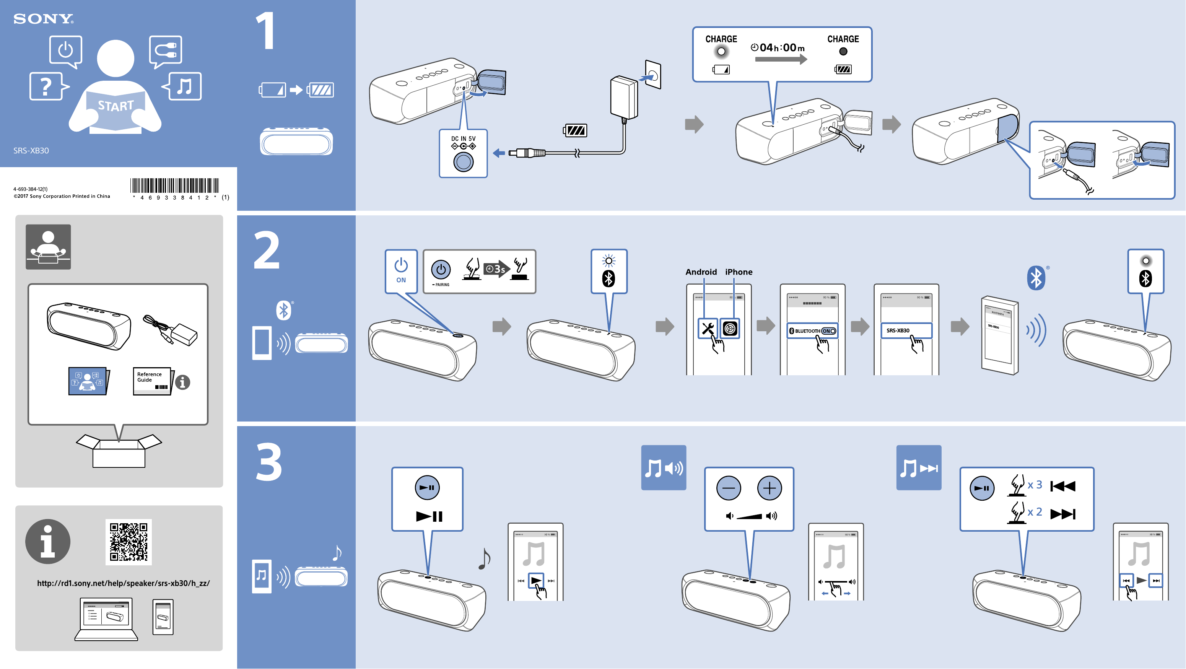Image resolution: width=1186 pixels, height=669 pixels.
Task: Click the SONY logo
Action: (43, 18)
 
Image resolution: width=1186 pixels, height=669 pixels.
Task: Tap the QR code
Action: (129, 542)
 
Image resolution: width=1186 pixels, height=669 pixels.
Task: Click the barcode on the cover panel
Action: (174, 186)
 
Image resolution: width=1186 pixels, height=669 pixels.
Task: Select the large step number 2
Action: (267, 251)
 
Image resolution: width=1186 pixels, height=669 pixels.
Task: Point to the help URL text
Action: (124, 583)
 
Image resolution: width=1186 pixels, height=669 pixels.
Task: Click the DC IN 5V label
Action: (463, 138)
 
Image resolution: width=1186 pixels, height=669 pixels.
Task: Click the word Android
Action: (701, 272)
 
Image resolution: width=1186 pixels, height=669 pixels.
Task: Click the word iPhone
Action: (739, 272)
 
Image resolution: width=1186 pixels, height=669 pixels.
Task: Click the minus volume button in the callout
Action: (728, 488)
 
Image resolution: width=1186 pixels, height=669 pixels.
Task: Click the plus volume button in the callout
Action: (770, 488)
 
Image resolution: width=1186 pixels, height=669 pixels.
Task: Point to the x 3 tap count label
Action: (1035, 485)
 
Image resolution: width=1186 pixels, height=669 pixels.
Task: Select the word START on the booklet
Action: (116, 106)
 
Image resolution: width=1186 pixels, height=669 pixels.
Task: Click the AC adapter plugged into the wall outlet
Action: (624, 98)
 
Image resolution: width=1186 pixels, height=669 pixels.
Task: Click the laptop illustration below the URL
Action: (106, 619)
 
